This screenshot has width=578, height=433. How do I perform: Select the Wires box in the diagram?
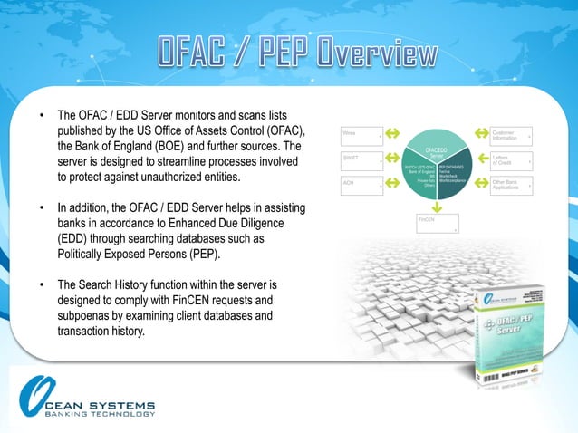pyautogui.click(x=361, y=136)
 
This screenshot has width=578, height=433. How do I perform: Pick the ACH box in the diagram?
pyautogui.click(x=361, y=187)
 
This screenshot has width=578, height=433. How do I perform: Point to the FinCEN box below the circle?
pyautogui.click(x=437, y=223)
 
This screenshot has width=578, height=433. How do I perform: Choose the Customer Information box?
pyautogui.click(x=511, y=136)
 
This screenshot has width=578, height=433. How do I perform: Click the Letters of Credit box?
pyautogui.click(x=511, y=161)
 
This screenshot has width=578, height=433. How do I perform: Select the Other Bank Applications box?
pyautogui.click(x=511, y=187)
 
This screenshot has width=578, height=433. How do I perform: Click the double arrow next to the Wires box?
pyautogui.click(x=392, y=134)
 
